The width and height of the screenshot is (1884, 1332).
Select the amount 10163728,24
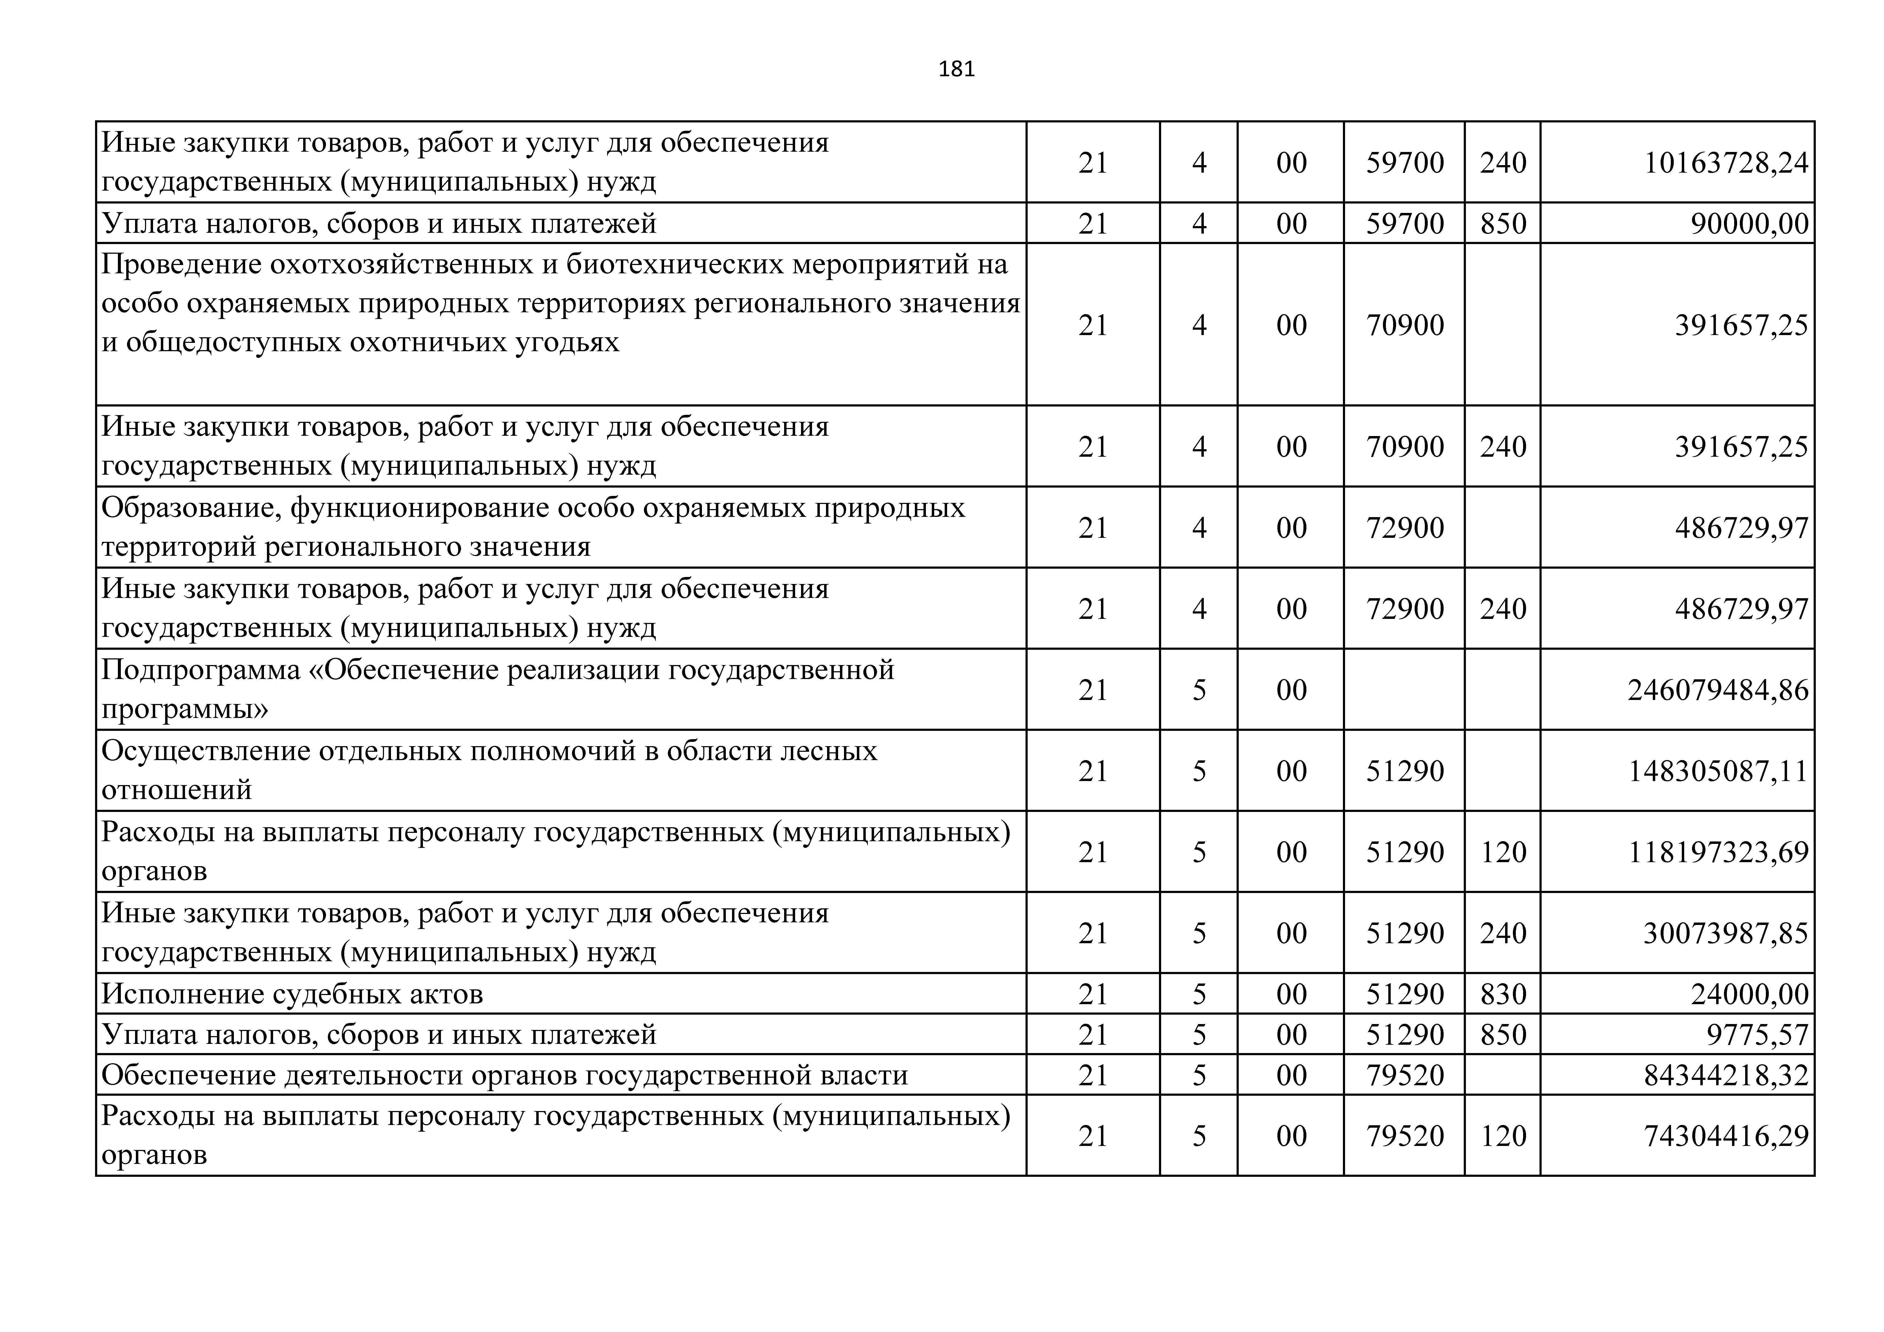[x=1726, y=162]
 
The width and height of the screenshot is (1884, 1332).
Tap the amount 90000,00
[x=1749, y=223]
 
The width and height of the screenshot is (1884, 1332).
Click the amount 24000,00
[x=1749, y=994]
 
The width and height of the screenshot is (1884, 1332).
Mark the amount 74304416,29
[x=1726, y=1136]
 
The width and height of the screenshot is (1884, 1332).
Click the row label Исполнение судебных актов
[x=292, y=994]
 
